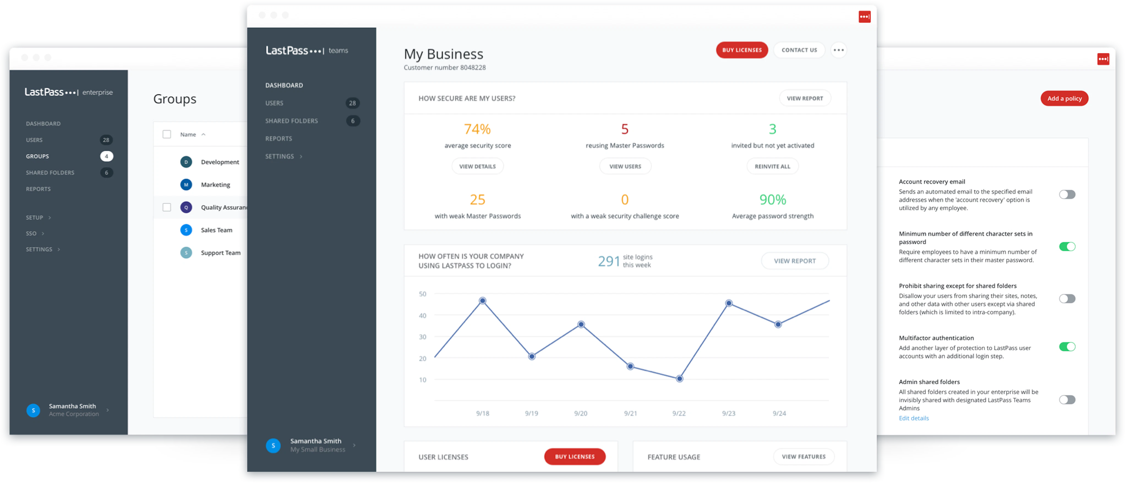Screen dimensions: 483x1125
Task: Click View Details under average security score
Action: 477,167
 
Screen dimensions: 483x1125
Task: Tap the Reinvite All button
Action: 772,167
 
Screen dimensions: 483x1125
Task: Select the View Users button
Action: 625,167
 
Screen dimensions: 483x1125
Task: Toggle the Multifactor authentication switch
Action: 1067,347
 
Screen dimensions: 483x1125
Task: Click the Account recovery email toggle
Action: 1067,194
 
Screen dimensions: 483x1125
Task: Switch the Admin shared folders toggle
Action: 1067,400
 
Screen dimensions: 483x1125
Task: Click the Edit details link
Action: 914,418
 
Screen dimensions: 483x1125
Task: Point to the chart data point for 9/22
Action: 679,379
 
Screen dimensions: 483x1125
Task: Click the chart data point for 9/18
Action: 483,301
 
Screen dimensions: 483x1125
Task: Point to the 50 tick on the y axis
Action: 422,294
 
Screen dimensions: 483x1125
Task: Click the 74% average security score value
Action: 477,129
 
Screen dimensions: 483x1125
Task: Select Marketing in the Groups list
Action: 215,185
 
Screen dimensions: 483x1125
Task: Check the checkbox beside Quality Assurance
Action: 167,207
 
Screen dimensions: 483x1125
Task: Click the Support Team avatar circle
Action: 186,253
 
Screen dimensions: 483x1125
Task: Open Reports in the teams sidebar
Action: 278,139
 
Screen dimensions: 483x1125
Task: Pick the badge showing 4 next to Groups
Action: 106,156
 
